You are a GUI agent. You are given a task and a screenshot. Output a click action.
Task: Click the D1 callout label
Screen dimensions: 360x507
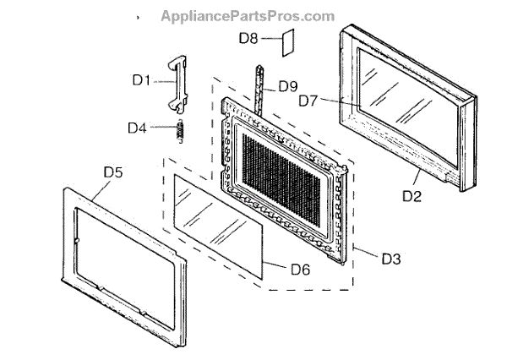tap(141, 81)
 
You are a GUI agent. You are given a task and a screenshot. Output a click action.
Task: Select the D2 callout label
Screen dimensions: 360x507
tap(412, 198)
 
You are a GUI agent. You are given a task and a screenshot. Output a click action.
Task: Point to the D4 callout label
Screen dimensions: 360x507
tap(138, 128)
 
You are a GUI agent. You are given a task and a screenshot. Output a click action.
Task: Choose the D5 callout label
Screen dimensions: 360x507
tap(113, 172)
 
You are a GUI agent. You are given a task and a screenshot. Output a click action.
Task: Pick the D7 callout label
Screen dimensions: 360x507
tap(308, 101)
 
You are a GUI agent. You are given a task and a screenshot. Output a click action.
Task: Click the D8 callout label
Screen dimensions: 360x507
tap(248, 38)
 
